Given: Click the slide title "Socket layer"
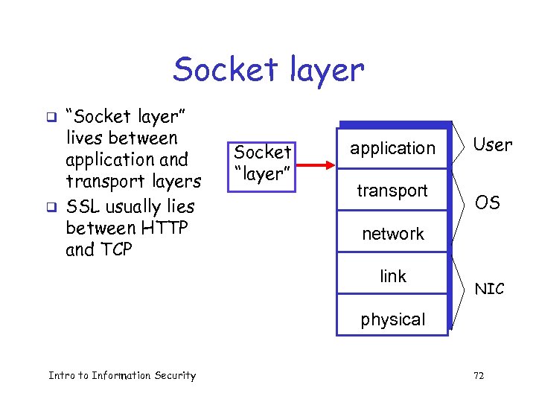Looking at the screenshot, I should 269,70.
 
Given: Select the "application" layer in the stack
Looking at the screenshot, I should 393,148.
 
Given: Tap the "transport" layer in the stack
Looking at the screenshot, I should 392,191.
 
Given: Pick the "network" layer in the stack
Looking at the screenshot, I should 392,234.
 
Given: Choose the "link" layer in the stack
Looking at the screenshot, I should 392,276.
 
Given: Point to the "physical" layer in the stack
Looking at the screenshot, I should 392,319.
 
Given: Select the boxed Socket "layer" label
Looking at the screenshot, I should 262,163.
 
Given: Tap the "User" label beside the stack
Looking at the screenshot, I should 493,145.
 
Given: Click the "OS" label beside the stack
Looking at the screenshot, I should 488,202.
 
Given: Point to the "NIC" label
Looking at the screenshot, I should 489,289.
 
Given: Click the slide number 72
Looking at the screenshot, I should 479,376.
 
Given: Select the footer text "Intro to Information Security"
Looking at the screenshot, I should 122,375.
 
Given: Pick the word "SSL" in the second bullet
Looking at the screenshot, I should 83,206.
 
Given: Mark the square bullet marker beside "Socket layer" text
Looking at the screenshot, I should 51,117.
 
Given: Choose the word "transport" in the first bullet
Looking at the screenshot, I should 103,182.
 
